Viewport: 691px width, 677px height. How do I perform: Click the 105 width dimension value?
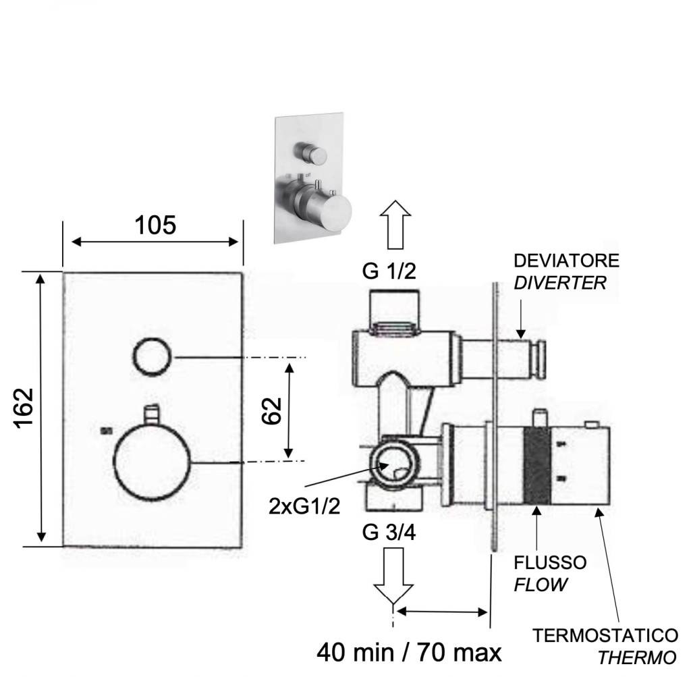[x=155, y=225]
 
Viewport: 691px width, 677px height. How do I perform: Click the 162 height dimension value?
[x=24, y=407]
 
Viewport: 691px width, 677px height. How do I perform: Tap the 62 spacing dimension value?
[x=271, y=410]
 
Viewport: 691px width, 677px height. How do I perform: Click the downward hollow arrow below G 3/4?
[x=393, y=574]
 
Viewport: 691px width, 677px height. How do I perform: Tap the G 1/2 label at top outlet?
[x=389, y=271]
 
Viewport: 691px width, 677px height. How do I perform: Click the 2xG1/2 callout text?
[x=304, y=506]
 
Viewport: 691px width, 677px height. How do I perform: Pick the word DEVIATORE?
[x=566, y=261]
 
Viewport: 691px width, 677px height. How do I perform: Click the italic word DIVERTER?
[x=560, y=283]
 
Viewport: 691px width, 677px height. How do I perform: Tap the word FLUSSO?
[x=550, y=562]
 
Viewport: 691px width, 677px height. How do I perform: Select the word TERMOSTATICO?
[x=605, y=635]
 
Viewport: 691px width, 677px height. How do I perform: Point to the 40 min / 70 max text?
[x=410, y=652]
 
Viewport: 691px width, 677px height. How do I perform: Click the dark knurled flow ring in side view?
[x=537, y=466]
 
